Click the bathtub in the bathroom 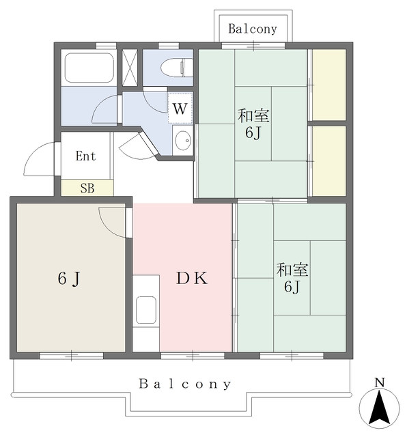89,68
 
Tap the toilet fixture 177,68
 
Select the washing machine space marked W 180,108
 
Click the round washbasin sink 182,140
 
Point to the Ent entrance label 85,156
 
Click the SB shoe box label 87,188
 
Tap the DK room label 192,278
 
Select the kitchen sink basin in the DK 145,310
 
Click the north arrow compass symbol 379,408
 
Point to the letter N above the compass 380,382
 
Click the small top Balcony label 253,29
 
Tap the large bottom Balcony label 185,384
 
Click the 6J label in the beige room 69,279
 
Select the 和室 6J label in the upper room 253,124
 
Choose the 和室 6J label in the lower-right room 292,278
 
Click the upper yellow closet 329,85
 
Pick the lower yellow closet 329,161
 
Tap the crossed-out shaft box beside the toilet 130,68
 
